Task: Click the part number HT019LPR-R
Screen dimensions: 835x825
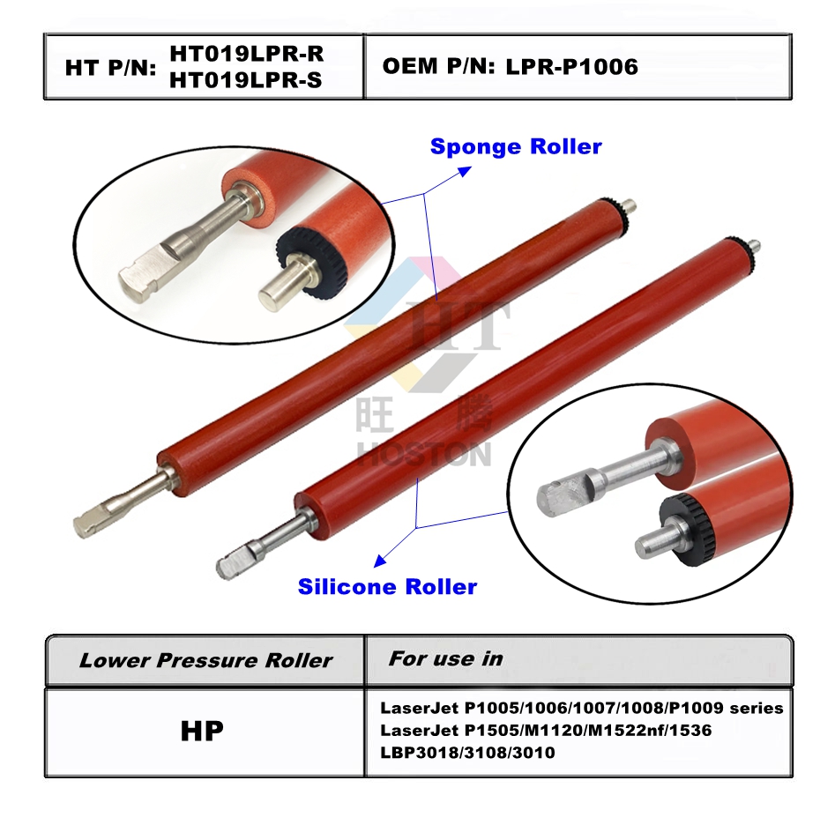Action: pyautogui.click(x=247, y=54)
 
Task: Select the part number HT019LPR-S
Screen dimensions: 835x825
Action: pyautogui.click(x=246, y=80)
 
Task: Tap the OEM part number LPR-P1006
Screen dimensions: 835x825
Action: pyautogui.click(x=571, y=66)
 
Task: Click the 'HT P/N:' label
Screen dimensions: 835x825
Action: pyautogui.click(x=111, y=68)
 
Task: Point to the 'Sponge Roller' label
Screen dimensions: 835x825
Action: pyautogui.click(x=516, y=146)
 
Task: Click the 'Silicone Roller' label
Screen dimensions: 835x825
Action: pyautogui.click(x=388, y=586)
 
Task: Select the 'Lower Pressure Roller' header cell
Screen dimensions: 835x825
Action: pyautogui.click(x=205, y=660)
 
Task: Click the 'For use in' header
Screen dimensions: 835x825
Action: pyautogui.click(x=446, y=659)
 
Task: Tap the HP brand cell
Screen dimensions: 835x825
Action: pyautogui.click(x=202, y=731)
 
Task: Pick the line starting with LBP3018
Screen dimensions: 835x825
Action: pyautogui.click(x=467, y=753)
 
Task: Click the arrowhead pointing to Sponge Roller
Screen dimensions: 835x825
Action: pyautogui.click(x=465, y=171)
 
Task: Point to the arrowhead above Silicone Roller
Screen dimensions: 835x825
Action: pyautogui.click(x=380, y=561)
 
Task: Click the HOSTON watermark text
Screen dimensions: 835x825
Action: pyautogui.click(x=424, y=456)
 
